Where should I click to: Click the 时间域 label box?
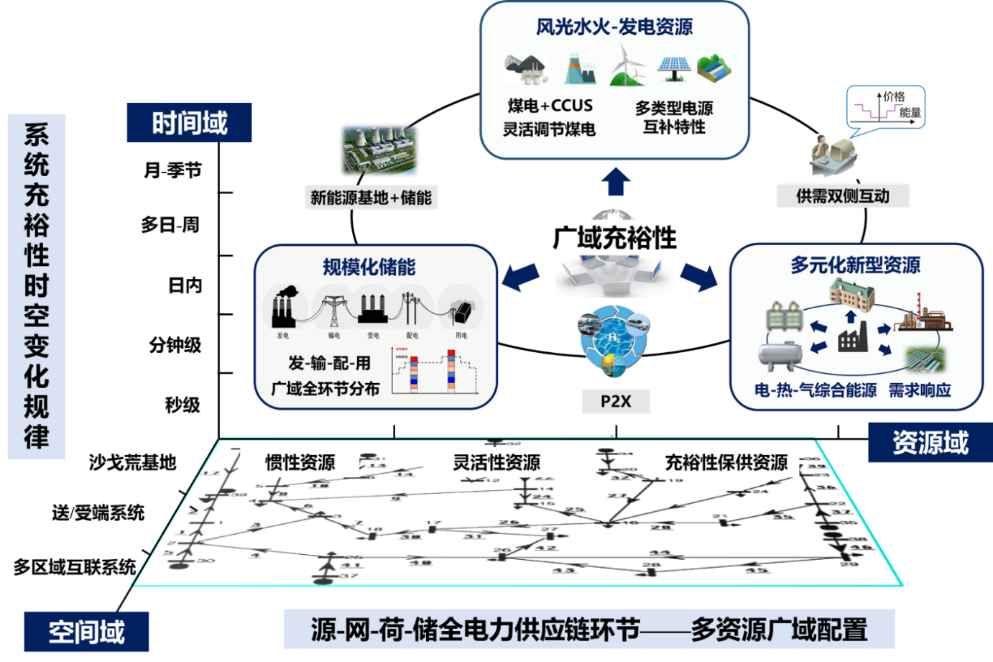click(189, 123)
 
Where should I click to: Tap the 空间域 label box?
click(86, 632)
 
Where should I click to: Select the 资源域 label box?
click(930, 442)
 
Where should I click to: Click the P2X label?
click(616, 401)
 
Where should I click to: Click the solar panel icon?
click(674, 69)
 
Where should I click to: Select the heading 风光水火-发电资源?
click(614, 27)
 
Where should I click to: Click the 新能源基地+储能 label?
click(371, 198)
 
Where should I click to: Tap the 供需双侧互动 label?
click(843, 196)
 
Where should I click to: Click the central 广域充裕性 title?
click(614, 238)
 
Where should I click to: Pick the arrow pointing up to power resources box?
click(616, 182)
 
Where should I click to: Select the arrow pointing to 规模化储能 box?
click(521, 276)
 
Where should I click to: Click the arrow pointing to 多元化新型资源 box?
click(699, 277)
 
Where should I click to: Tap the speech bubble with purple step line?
click(885, 109)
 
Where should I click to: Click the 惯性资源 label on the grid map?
click(300, 462)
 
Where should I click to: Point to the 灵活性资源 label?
click(496, 462)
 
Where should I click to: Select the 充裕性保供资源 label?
click(726, 462)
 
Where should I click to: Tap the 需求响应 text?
click(920, 390)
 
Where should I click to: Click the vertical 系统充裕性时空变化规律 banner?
click(37, 286)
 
